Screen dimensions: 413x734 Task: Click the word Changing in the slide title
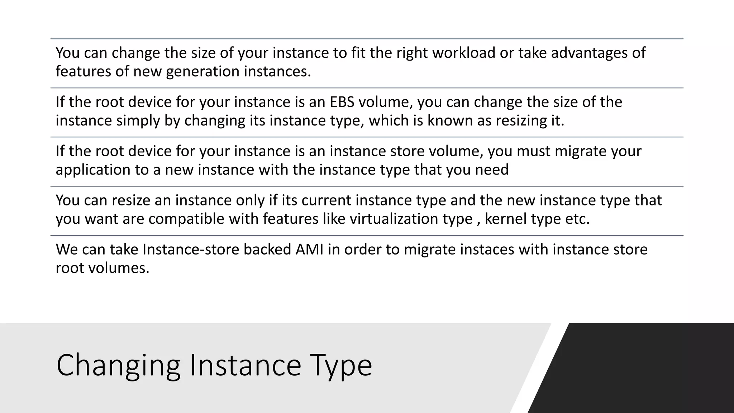coord(118,366)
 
